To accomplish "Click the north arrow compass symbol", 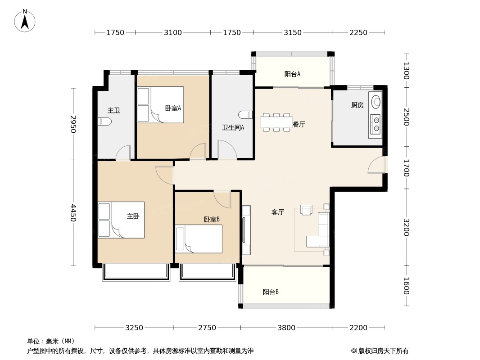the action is point(25,21).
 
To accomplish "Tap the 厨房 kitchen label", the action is point(357,105).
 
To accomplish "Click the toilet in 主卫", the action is point(105,121).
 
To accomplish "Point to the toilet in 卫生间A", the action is point(245,115).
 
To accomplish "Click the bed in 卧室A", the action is point(161,105).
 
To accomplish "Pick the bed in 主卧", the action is point(121,220).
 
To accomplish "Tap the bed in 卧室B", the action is point(199,239).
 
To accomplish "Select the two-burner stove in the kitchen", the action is point(375,124).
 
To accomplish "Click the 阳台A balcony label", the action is point(292,74).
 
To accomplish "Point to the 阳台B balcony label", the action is point(271,292).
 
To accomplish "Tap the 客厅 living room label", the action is point(278,212).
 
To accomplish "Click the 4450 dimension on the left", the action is point(73,213).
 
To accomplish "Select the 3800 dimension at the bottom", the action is point(286,328).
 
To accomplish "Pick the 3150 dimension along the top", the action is point(293,32).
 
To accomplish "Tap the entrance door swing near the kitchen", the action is point(377,165).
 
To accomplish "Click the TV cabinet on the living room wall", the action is point(246,230).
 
